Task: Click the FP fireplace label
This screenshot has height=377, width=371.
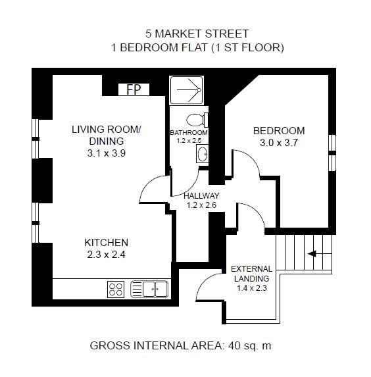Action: (134, 89)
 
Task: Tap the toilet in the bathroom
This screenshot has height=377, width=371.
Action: (197, 120)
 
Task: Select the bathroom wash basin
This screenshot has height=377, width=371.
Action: (202, 153)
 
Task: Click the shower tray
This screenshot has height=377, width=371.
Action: (186, 90)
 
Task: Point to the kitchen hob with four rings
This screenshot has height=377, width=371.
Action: (116, 289)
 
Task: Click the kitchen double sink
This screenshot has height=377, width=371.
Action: (149, 289)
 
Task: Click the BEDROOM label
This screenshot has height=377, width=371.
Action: (279, 131)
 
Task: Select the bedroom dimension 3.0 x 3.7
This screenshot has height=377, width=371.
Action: (279, 143)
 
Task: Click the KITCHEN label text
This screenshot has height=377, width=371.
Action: (107, 243)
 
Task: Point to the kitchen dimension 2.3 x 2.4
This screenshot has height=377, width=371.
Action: (107, 255)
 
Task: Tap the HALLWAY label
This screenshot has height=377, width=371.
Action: (201, 195)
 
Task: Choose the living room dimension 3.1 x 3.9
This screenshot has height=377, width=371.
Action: (107, 153)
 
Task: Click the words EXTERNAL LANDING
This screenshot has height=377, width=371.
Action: (251, 274)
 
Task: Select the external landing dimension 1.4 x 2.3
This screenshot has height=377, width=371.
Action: (252, 288)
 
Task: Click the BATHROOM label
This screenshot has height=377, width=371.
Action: (189, 133)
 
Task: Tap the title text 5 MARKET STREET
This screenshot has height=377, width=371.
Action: (197, 34)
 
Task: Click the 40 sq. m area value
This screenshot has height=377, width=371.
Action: (250, 345)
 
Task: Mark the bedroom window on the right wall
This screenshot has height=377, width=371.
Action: (332, 153)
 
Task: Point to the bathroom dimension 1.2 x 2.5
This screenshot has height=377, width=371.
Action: (189, 141)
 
